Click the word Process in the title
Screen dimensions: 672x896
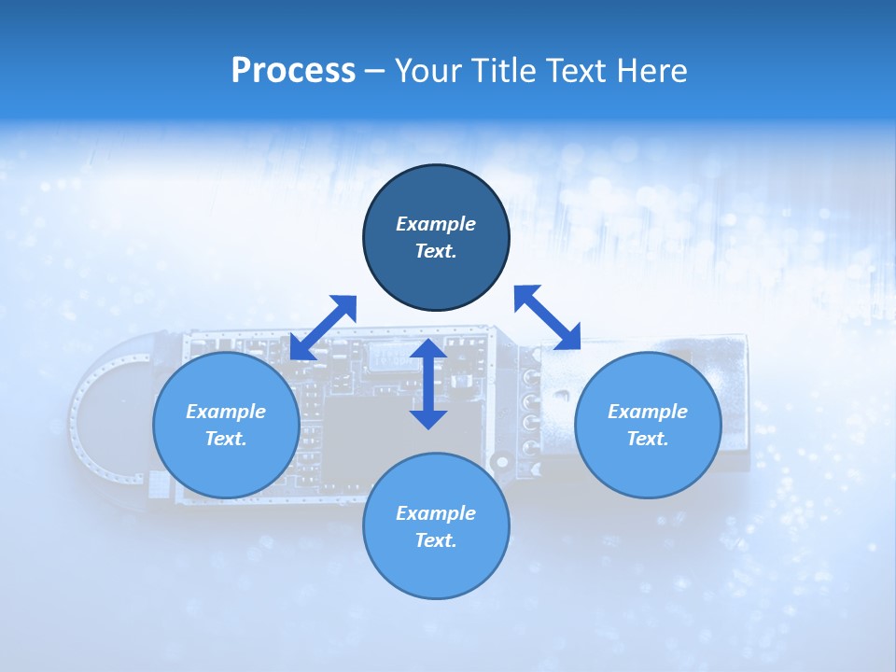coord(293,70)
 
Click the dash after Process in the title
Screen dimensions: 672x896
coord(374,71)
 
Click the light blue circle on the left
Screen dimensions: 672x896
coord(226,467)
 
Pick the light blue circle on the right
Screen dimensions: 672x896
coord(648,467)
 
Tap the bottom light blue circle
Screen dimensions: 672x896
coord(436,569)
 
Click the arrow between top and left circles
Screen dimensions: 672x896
coord(323,327)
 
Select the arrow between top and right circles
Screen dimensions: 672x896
coord(548,317)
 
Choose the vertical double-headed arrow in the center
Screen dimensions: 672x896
coord(428,384)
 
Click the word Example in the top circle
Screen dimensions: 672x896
coord(436,224)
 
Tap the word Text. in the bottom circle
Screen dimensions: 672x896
coord(436,540)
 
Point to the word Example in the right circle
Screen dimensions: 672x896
coord(648,412)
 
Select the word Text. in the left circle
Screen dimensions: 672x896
coord(226,439)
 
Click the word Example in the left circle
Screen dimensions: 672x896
coord(226,412)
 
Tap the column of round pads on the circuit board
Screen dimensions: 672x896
coord(531,412)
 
